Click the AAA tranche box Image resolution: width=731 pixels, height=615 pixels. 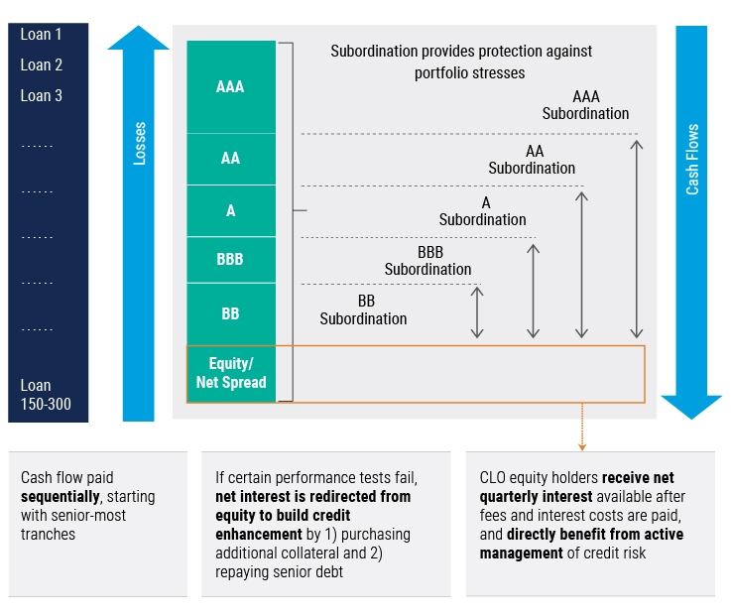click(230, 87)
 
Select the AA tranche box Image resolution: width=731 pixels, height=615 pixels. click(230, 159)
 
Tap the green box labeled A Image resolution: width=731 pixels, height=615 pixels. click(230, 210)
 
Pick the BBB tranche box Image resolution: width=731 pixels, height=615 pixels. click(230, 260)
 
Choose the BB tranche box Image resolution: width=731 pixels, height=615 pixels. click(230, 313)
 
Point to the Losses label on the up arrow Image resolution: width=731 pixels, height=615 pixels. click(140, 144)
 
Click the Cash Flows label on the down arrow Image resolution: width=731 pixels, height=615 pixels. click(692, 159)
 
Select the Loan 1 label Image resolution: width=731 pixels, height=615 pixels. click(42, 35)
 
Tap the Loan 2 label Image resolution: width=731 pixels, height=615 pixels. click(42, 65)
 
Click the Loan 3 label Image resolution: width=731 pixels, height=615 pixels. click(42, 96)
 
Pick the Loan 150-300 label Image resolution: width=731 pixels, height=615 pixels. click(46, 395)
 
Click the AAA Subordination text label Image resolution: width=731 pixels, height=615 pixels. click(585, 105)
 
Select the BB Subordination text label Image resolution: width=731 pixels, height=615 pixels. click(363, 309)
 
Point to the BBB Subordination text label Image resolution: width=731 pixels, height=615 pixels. click(428, 261)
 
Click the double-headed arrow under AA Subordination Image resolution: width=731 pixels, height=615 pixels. click(582, 265)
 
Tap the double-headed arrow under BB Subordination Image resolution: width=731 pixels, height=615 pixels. click(477, 312)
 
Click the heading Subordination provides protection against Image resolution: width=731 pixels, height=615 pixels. click(461, 51)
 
